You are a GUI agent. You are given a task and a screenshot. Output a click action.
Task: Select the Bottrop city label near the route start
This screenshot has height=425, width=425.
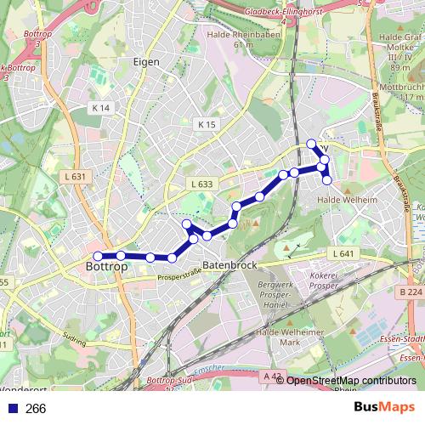coord(107,267)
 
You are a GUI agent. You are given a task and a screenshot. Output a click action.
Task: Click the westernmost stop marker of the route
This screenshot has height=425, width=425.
coord(98,256)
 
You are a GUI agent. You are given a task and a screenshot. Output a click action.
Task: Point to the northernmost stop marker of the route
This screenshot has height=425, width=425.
coord(312,144)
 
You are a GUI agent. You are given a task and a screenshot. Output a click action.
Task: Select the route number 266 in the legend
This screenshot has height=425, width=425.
coord(36,409)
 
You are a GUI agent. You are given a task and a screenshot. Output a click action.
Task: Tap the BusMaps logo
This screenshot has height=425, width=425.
coord(384,408)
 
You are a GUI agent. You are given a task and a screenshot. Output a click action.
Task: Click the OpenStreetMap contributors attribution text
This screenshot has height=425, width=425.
coord(350,381)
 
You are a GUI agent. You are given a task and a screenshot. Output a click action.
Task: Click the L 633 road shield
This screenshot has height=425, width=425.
coord(201,184)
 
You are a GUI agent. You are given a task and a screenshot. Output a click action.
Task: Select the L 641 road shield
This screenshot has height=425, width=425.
coord(343,254)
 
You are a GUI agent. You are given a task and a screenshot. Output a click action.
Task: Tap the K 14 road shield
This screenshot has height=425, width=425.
coord(100,108)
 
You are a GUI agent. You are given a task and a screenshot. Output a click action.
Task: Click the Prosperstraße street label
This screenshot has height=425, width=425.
coord(178,274)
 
